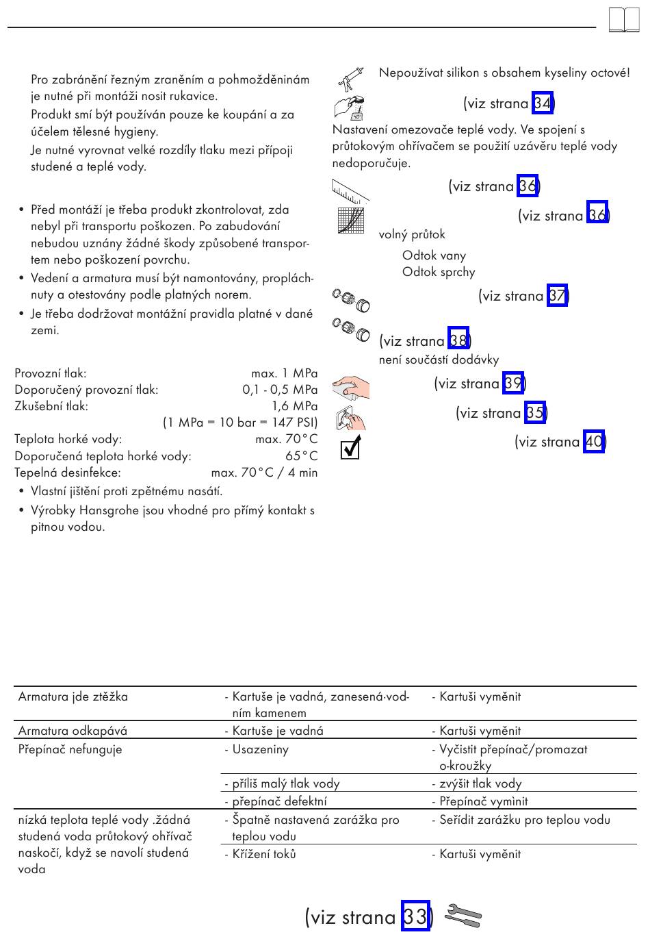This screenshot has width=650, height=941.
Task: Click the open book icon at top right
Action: point(623,21)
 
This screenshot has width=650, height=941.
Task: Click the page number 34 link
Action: point(542,103)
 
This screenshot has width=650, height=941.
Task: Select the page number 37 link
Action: point(557,296)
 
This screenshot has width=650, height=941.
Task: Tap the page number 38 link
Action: point(458,340)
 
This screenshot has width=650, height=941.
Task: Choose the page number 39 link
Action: point(513,383)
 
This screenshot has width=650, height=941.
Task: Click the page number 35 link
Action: point(535,412)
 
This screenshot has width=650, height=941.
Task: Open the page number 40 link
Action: point(594,441)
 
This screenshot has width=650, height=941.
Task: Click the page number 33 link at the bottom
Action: point(415,916)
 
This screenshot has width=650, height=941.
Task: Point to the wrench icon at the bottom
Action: point(463,916)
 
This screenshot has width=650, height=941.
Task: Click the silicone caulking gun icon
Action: point(350,78)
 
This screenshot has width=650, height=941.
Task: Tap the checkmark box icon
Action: point(350,449)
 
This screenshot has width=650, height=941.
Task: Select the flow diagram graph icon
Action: point(350,220)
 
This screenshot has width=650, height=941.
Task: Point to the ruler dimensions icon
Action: point(350,191)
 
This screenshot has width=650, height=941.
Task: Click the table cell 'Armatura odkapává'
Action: point(73,730)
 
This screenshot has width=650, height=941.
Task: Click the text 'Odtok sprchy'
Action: point(439,272)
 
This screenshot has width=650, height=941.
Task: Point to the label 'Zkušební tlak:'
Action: point(51,406)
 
